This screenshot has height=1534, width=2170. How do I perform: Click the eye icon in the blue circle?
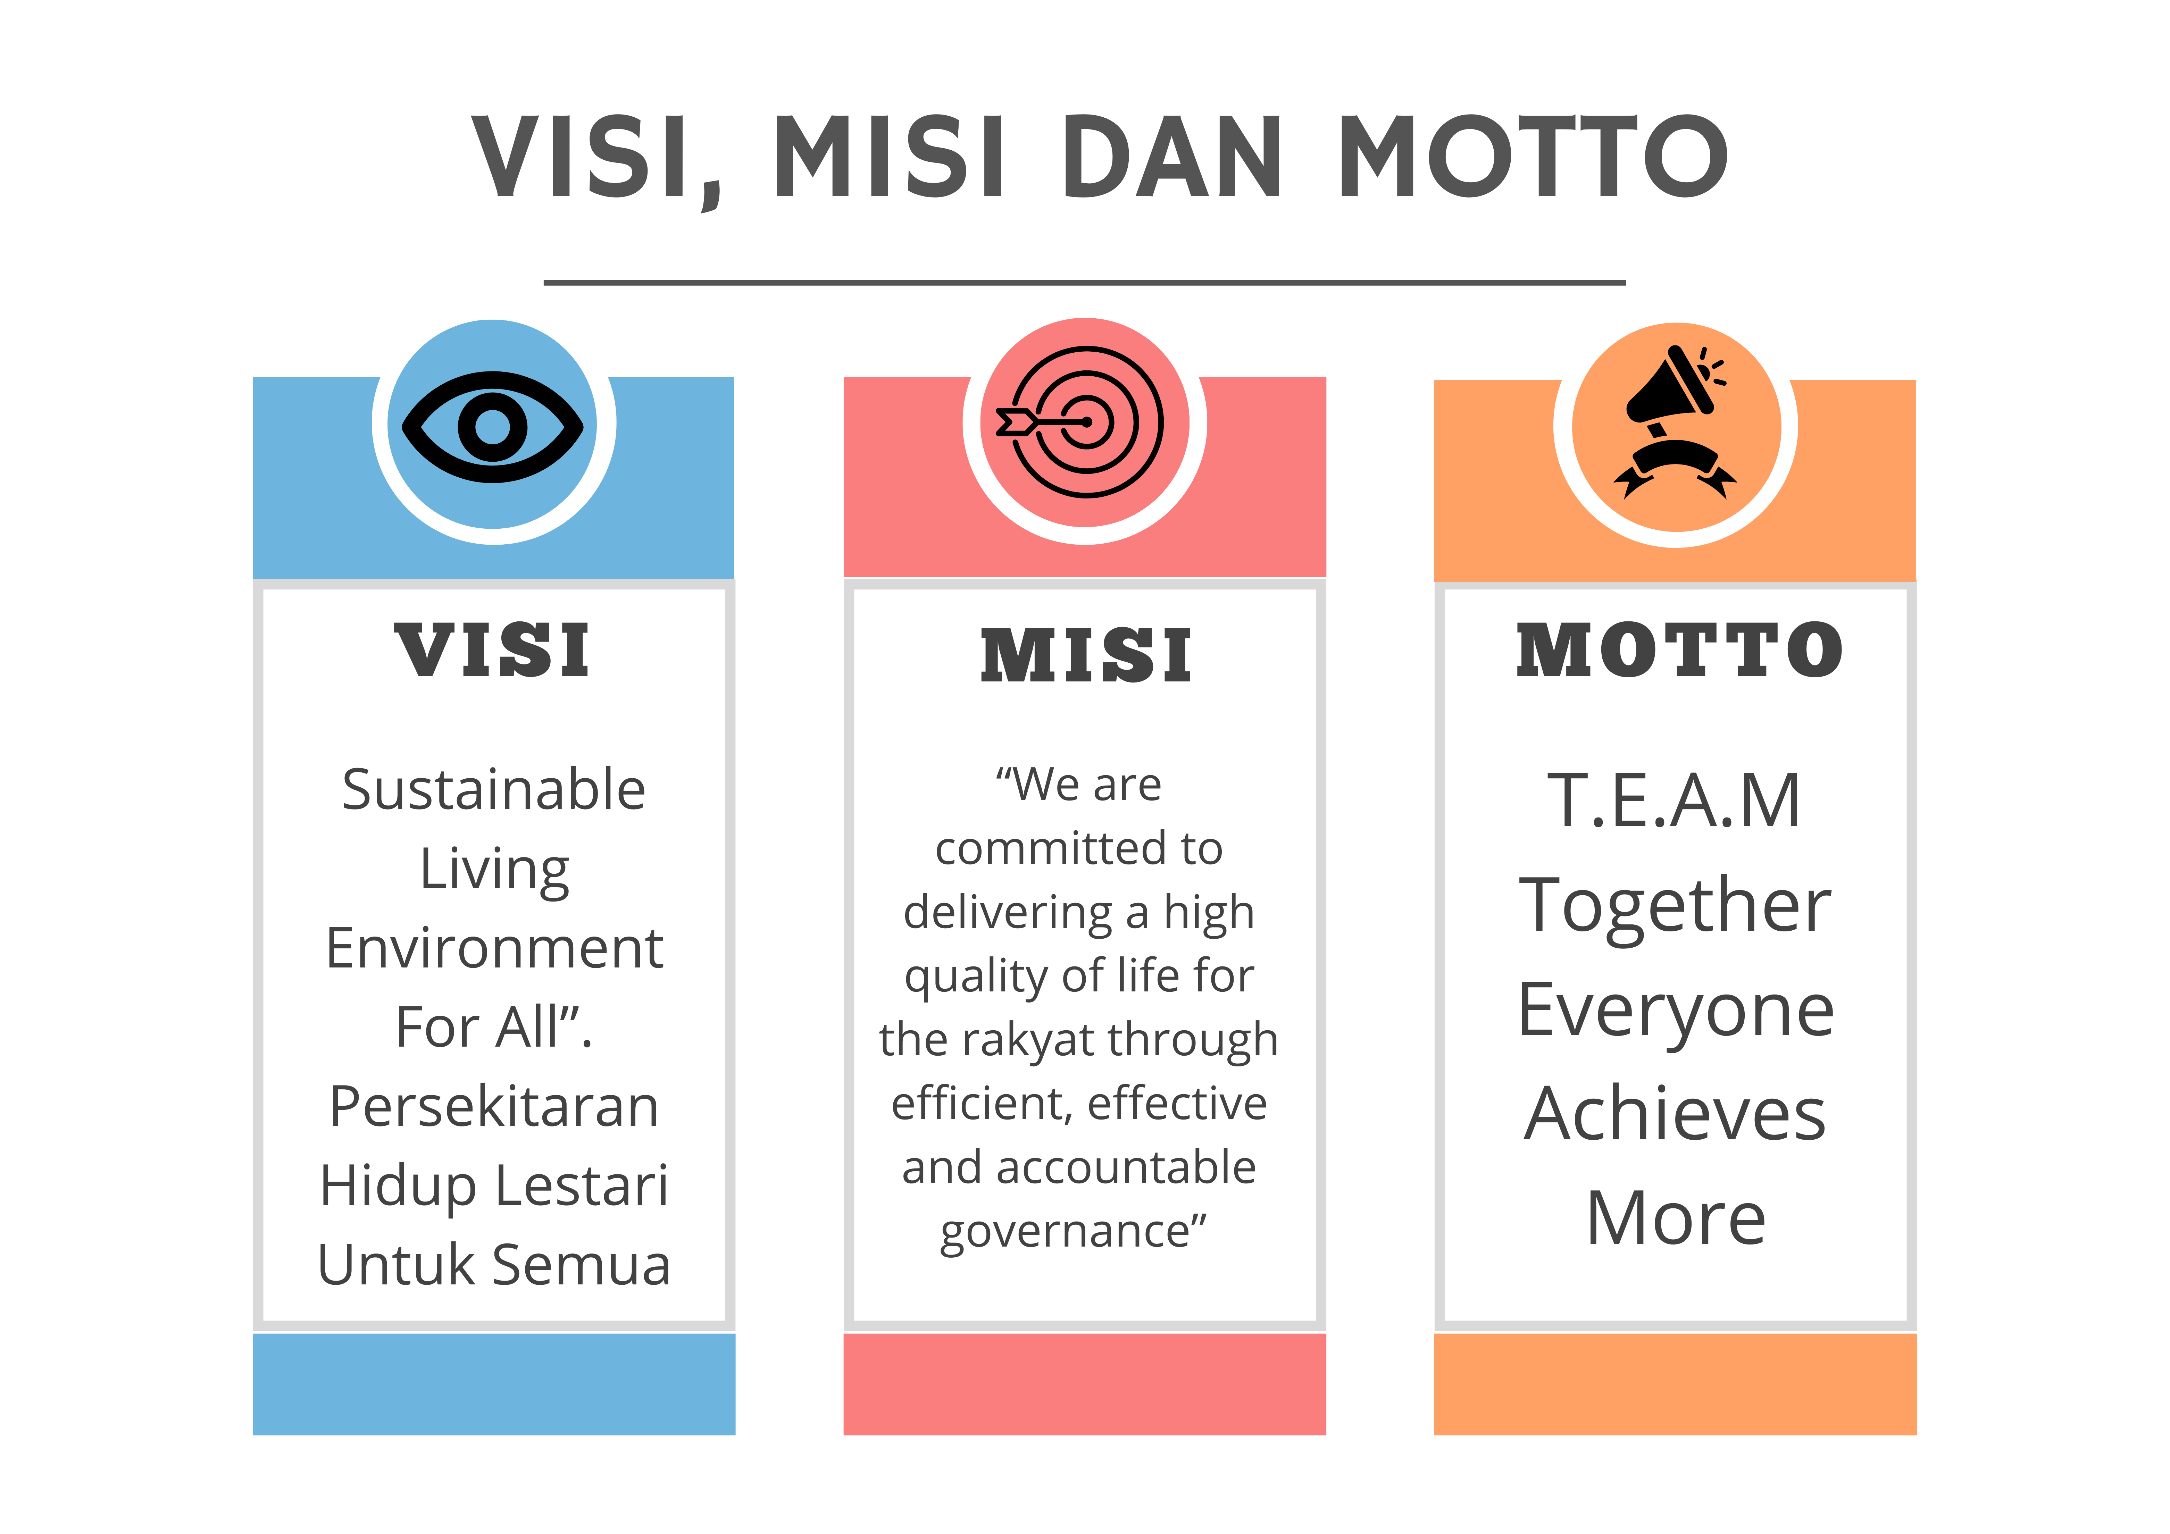(x=492, y=426)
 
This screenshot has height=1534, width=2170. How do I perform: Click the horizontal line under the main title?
(x=1084, y=282)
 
